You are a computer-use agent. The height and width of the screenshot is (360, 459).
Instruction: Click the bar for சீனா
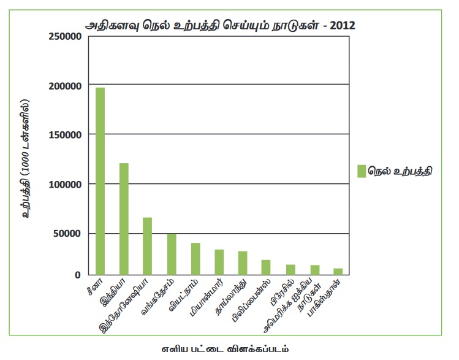(x=100, y=182)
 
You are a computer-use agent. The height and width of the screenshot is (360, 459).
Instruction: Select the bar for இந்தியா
(x=124, y=219)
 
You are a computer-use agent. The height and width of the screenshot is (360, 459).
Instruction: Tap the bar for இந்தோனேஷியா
(x=148, y=246)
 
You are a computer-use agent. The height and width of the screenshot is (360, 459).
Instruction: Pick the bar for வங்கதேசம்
(x=172, y=254)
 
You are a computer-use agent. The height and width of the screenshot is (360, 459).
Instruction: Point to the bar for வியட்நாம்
(x=195, y=259)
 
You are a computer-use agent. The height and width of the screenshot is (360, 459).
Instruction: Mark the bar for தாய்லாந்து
(x=243, y=263)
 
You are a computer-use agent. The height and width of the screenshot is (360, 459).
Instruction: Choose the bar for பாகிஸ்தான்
(x=338, y=272)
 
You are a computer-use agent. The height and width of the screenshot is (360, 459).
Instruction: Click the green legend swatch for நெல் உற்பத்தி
(x=362, y=171)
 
